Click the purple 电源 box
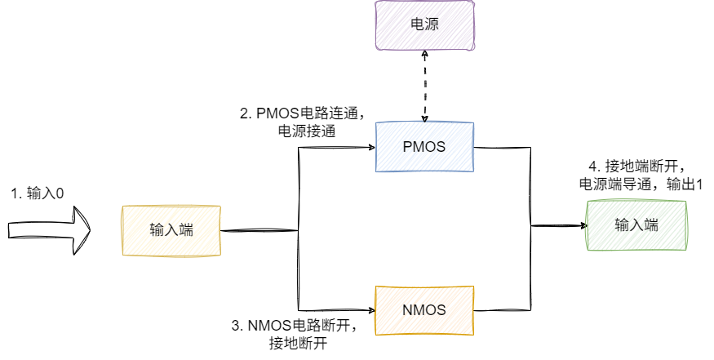424,24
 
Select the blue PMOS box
424,147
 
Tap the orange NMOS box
424,310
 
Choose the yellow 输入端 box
171,231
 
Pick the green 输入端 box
636,225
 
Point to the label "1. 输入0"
37,193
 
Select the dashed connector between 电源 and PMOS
424,86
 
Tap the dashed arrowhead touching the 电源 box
424,54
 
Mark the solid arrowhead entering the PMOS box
370,148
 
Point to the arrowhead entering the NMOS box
370,310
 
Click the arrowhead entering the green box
582,225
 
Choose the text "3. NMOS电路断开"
295,327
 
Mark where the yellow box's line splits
299,231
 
